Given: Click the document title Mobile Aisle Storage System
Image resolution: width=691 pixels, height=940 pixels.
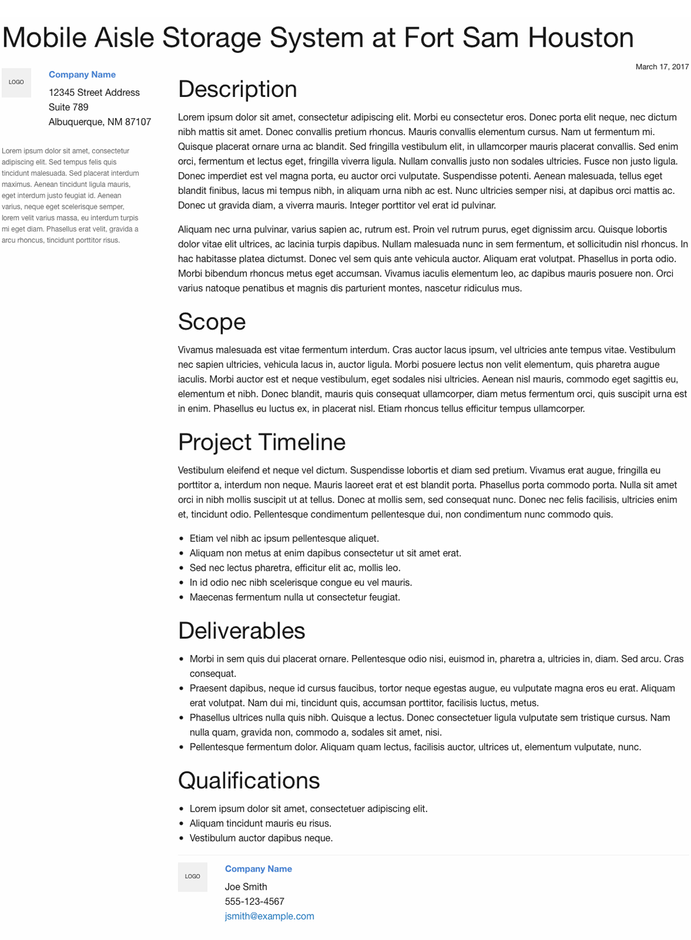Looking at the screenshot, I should tap(318, 38).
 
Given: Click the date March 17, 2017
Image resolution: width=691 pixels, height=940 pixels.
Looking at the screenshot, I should tap(662, 67).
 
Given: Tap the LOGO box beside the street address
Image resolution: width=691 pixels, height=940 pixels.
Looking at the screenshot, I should tap(16, 82).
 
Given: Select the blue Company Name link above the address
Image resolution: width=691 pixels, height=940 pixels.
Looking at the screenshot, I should tap(82, 75).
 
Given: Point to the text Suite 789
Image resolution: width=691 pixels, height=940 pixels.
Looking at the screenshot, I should tap(68, 107).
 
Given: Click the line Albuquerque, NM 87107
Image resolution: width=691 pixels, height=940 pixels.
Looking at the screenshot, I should tap(99, 122).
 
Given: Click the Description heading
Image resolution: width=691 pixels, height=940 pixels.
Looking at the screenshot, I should tap(237, 89).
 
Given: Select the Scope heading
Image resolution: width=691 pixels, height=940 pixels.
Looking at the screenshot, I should tap(212, 322).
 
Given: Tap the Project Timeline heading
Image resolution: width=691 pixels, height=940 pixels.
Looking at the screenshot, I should tap(261, 442).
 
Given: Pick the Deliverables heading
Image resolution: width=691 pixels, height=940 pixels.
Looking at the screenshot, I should tap(241, 631).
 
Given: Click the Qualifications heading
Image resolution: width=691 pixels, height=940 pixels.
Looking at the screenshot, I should tap(249, 781).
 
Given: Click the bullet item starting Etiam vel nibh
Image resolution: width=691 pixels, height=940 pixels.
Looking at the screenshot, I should tap(284, 538).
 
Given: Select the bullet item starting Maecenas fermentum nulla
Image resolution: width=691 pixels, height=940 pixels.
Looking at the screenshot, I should tap(295, 597).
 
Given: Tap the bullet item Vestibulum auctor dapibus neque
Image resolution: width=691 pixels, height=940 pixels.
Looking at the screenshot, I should tap(261, 838).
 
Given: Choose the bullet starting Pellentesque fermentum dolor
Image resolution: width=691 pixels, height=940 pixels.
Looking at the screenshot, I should tap(415, 747).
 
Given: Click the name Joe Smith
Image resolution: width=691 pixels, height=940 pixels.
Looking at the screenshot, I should tap(245, 887).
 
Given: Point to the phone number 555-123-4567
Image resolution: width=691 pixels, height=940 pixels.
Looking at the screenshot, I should tap(254, 901).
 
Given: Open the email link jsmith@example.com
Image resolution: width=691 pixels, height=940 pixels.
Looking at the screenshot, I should tap(269, 916).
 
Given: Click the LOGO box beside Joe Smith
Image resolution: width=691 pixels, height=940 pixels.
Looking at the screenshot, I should tap(193, 877).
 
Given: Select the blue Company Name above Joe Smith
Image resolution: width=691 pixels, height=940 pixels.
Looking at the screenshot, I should tap(258, 869).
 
